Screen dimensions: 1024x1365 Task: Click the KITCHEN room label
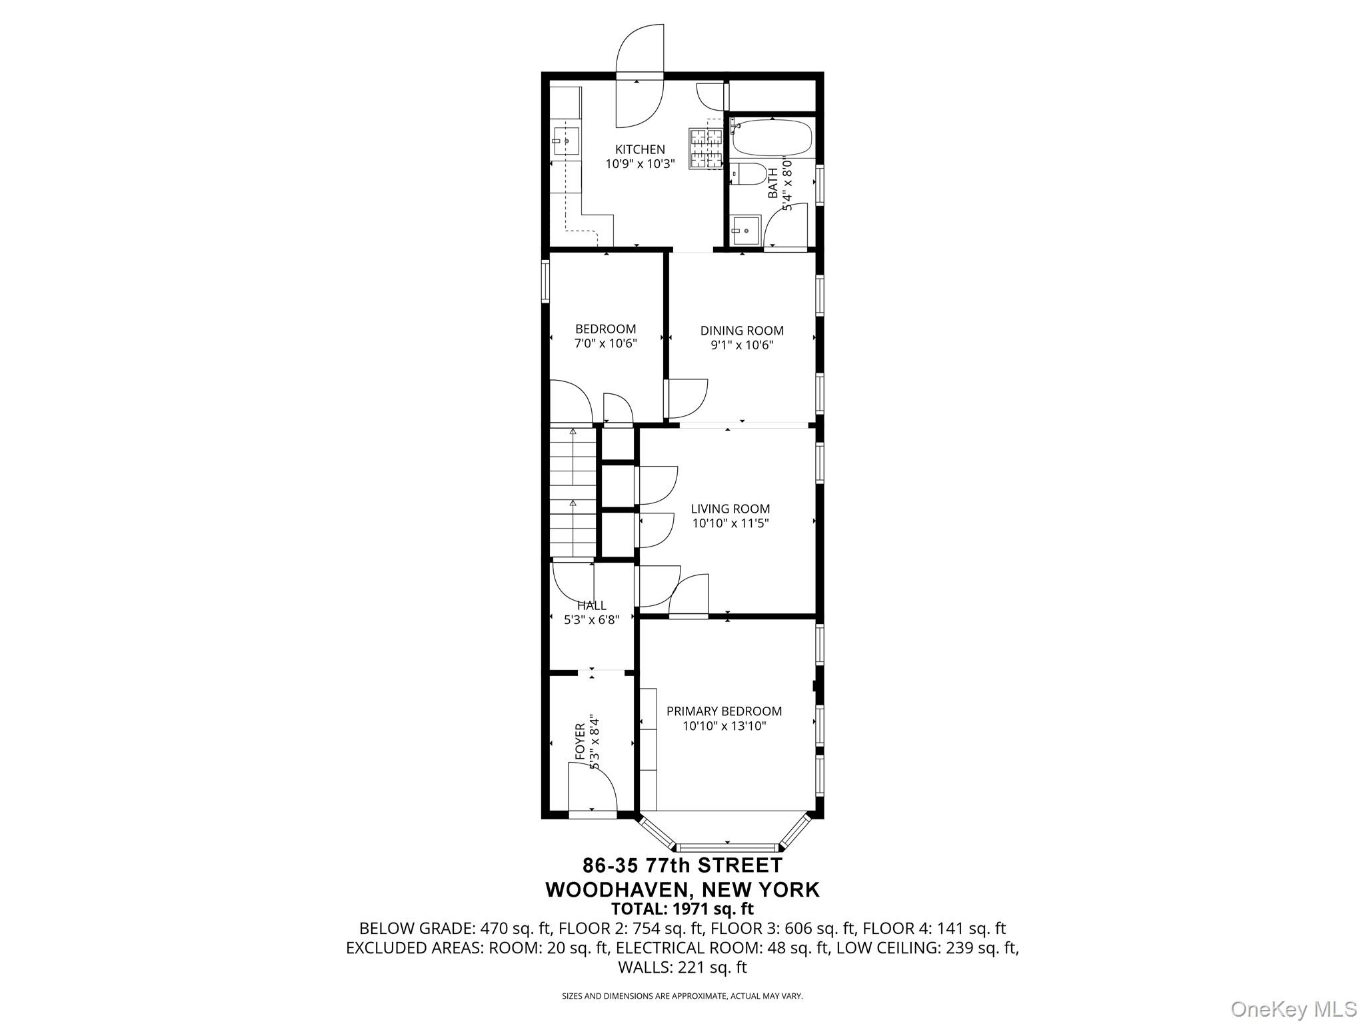639,149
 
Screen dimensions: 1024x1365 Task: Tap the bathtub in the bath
772,138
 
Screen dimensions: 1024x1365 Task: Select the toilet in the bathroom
746,175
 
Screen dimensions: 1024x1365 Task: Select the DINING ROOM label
741,331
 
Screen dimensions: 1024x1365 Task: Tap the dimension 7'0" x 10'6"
605,344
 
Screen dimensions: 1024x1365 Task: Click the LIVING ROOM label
730,509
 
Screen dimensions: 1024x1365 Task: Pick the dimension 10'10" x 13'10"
724,726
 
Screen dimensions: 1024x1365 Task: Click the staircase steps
573,491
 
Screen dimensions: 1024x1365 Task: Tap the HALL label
591,605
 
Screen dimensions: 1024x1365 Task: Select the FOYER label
580,741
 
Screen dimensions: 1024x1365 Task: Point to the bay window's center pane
727,847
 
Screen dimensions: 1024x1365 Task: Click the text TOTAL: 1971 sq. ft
682,909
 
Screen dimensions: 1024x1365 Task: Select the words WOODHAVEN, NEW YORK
682,889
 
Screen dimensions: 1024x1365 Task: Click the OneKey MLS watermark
1293,1009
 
